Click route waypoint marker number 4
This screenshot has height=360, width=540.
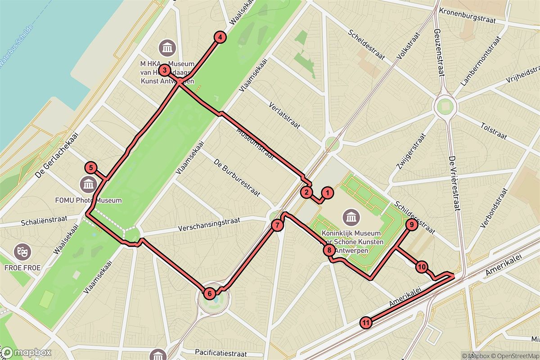219,38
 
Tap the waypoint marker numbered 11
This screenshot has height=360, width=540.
366,323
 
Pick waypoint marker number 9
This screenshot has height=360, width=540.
411,225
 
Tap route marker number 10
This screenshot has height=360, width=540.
421,267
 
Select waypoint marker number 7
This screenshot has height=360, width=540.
278,225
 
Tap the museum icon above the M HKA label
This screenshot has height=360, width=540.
167,47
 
